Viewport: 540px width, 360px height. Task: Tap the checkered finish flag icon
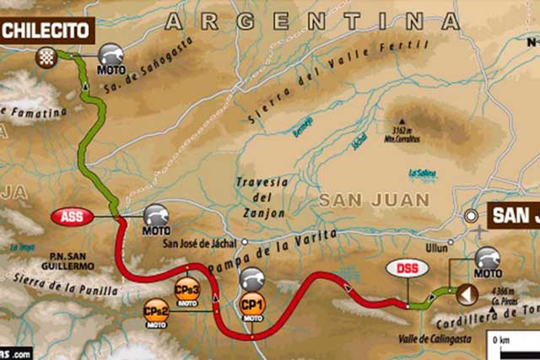46,56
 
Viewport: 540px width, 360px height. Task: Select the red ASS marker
72,217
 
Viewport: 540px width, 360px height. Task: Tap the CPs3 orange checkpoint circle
186,289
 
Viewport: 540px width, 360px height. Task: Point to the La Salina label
421,173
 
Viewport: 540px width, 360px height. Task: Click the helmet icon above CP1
252,277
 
